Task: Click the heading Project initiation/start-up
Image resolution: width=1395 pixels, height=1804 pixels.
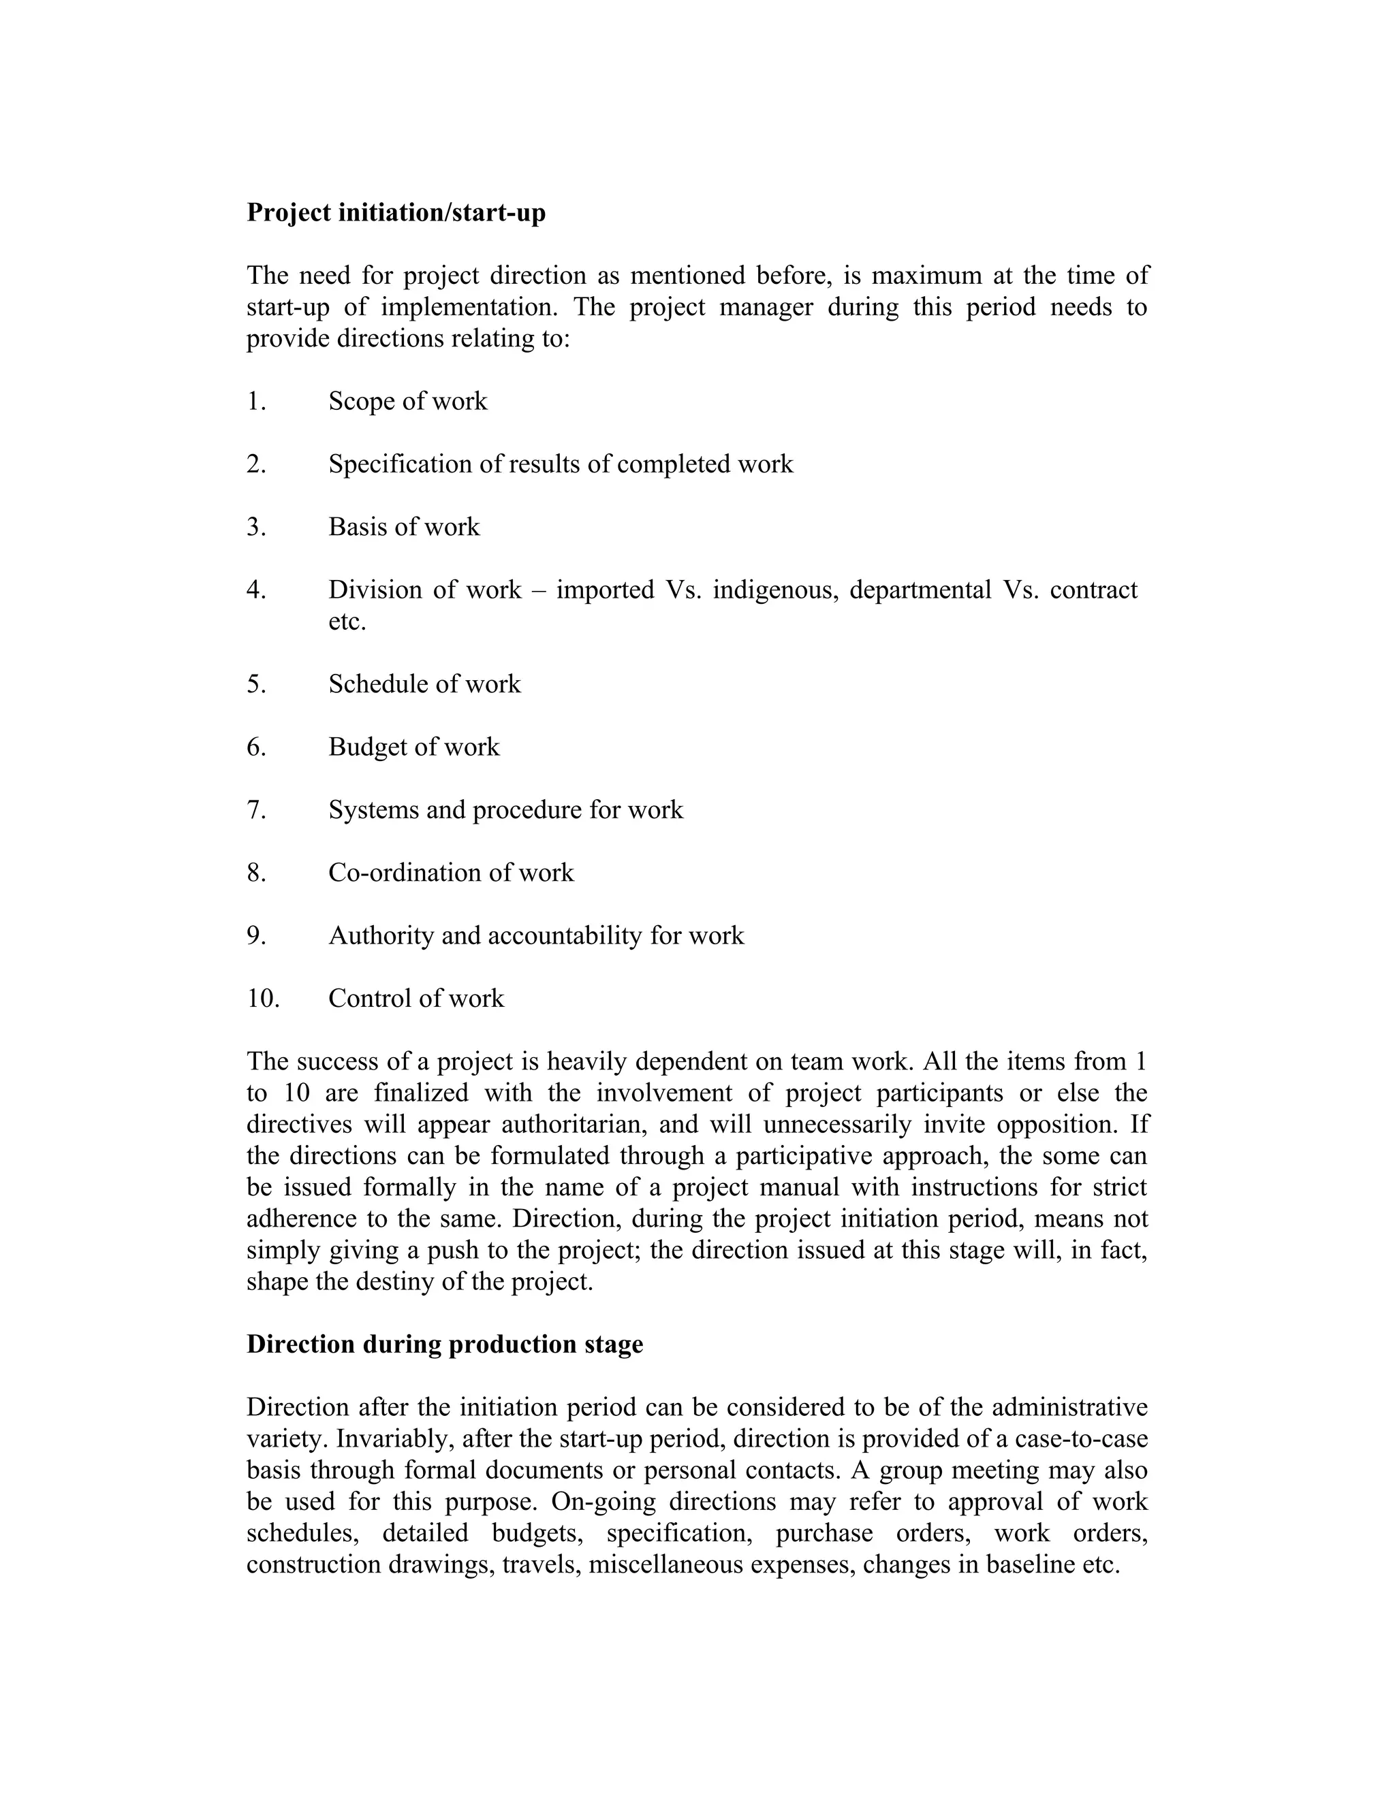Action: [x=396, y=213]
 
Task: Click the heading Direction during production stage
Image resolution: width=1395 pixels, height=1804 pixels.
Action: [x=445, y=1344]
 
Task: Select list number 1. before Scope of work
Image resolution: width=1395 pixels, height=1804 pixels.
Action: [x=256, y=402]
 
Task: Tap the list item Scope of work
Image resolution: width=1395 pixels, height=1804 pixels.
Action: [x=407, y=402]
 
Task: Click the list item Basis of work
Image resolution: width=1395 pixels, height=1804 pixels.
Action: [x=403, y=527]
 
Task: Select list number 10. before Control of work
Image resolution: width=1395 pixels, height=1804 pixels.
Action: [x=263, y=999]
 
